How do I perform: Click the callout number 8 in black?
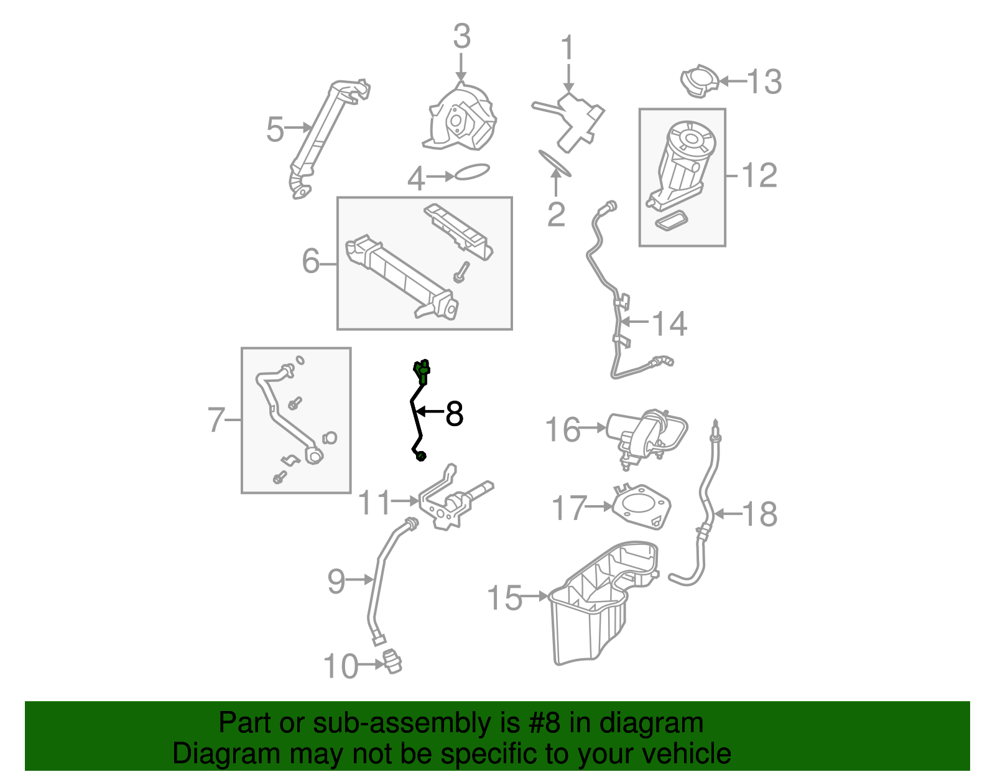(455, 414)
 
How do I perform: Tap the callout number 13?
(764, 81)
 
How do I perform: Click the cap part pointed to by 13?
(700, 80)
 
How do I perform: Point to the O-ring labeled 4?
(473, 171)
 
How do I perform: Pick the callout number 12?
(759, 175)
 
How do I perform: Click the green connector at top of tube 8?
(422, 369)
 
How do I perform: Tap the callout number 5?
(275, 129)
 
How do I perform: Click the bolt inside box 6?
(461, 271)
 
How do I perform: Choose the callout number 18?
(759, 514)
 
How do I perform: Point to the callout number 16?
(562, 429)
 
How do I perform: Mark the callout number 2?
(556, 214)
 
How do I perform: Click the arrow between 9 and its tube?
(359, 579)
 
